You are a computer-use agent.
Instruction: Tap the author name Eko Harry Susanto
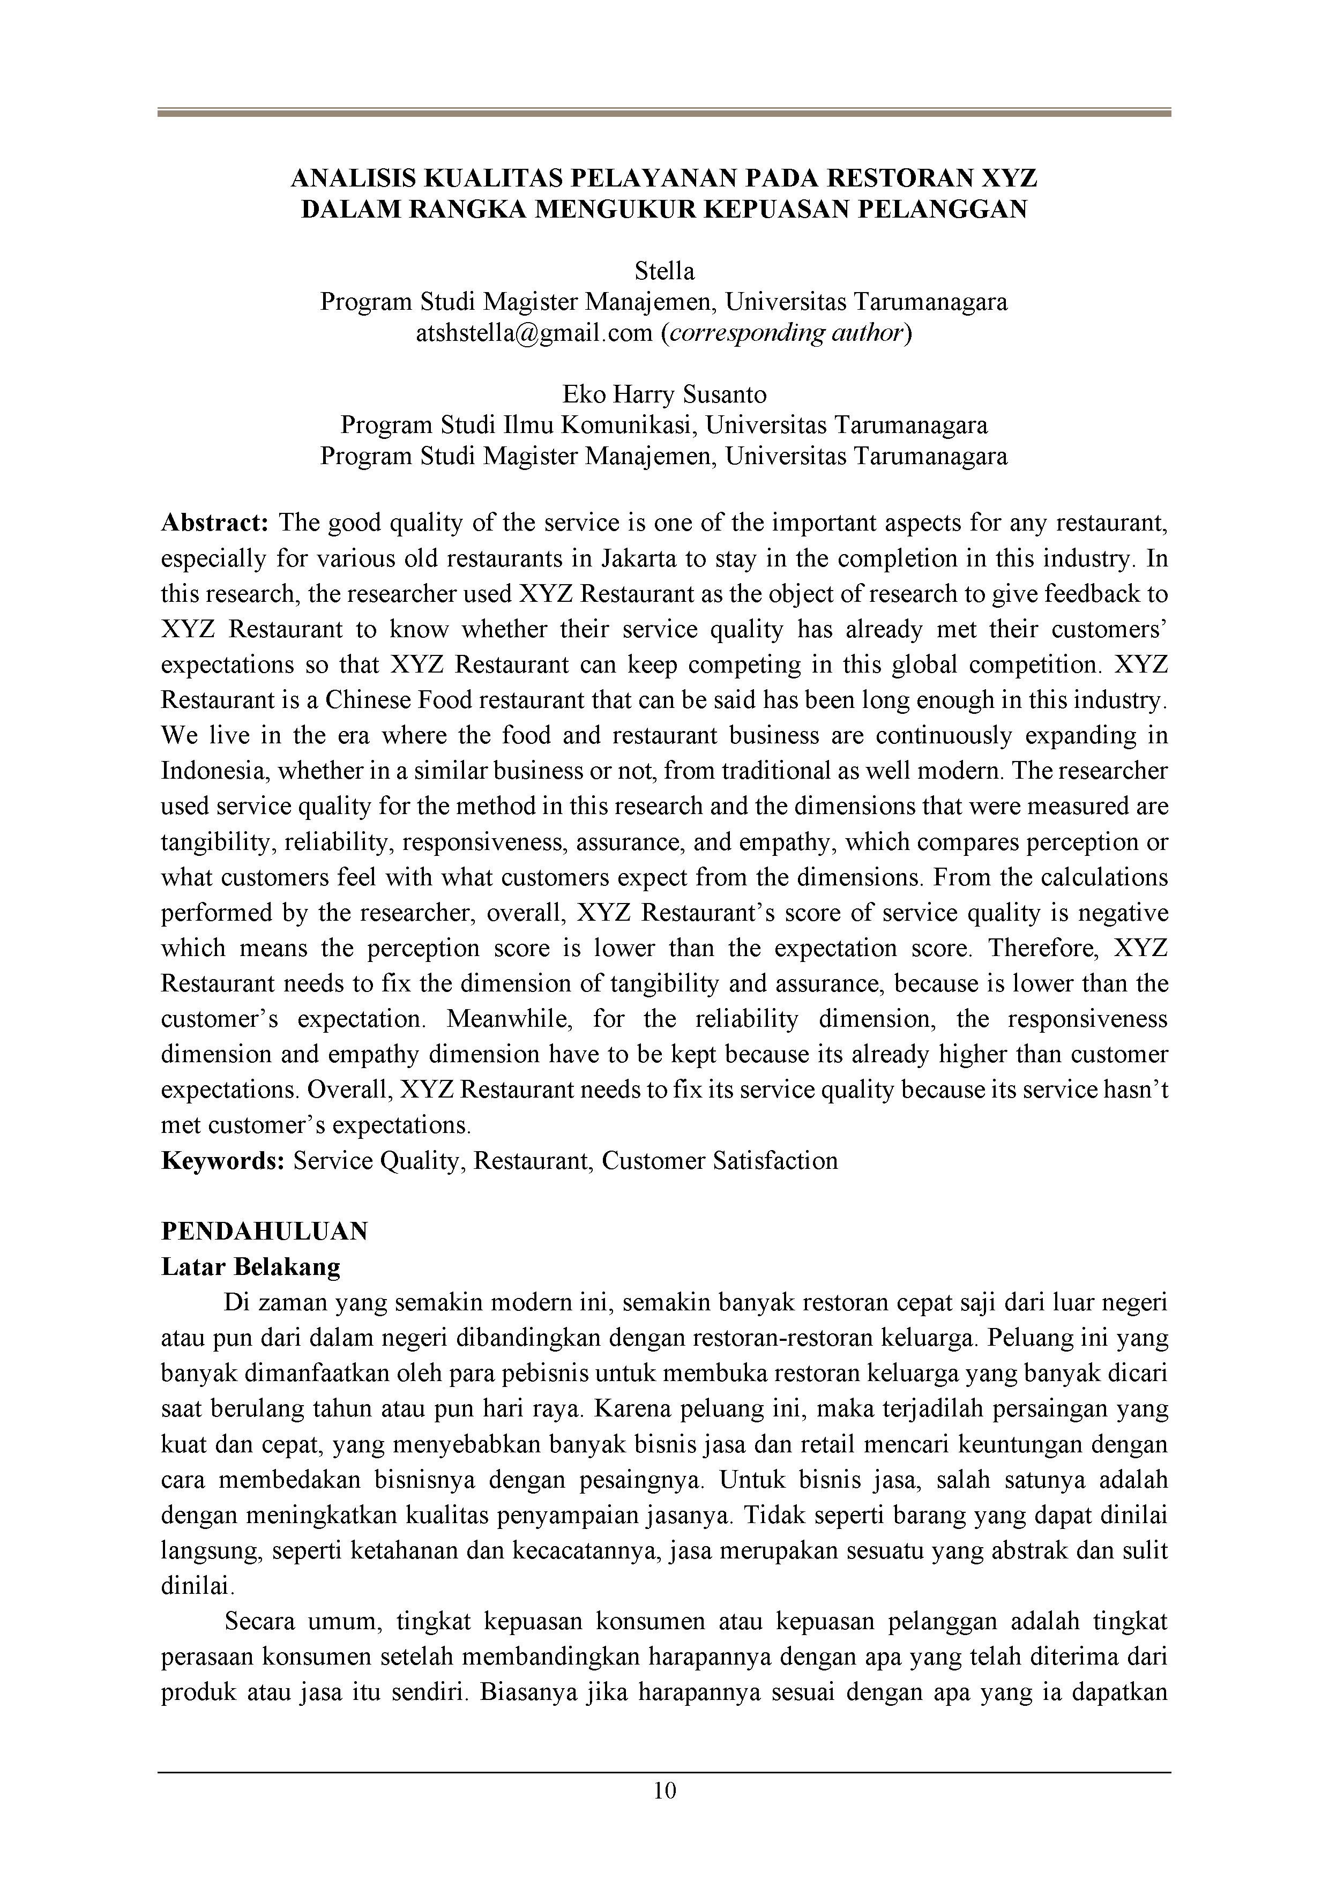coord(664,394)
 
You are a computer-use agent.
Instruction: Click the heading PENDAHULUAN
coord(265,1232)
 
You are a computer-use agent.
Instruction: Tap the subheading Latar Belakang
coord(251,1267)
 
